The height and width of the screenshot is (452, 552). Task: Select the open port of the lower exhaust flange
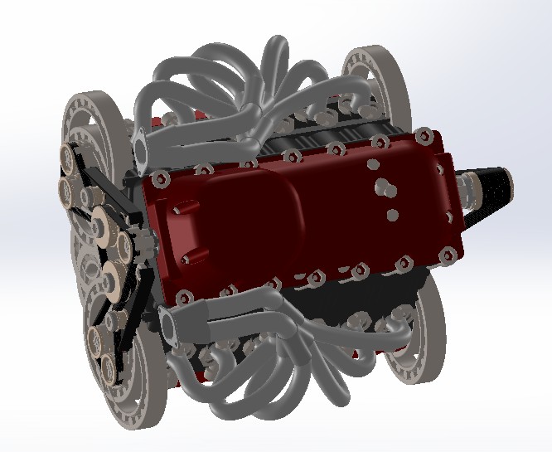pyautogui.click(x=172, y=328)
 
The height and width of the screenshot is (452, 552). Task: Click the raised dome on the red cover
pyautogui.click(x=249, y=207)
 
